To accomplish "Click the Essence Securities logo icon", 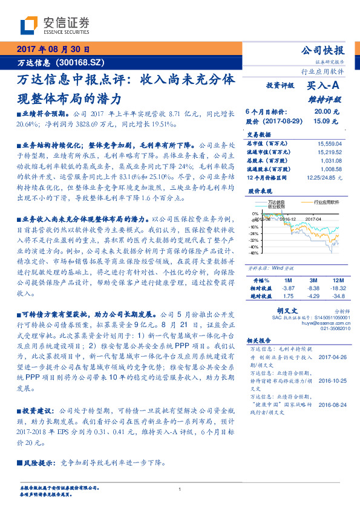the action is point(30,25).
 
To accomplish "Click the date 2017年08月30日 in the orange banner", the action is point(53,50).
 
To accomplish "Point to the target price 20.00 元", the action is point(321,112).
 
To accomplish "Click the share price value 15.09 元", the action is point(321,121).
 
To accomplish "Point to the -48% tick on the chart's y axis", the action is point(254,253).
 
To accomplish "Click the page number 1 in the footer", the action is point(180,489).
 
